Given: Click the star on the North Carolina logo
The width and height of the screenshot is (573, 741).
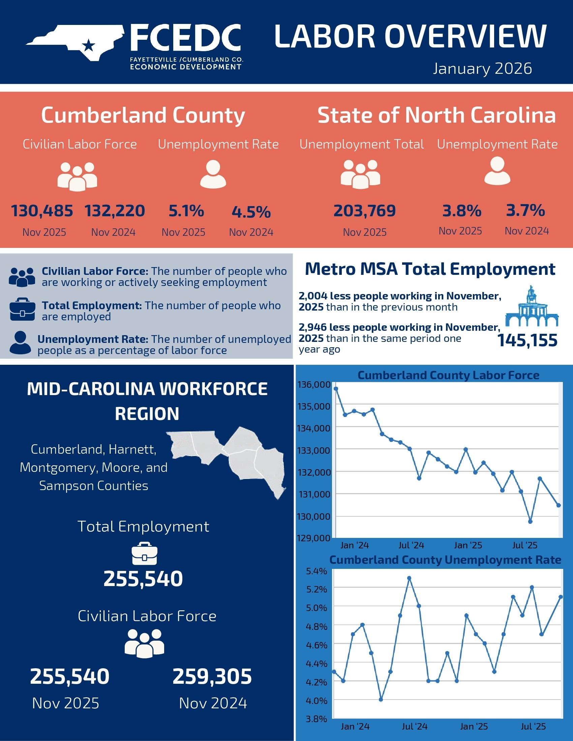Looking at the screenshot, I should click(89, 45).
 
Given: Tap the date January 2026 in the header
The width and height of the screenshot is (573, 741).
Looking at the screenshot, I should click(482, 68).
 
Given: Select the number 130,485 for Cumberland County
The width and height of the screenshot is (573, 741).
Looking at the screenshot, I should click(42, 211).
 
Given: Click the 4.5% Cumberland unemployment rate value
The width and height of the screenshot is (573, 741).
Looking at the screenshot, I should click(251, 212).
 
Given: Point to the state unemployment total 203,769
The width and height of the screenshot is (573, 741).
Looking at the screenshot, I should click(365, 211).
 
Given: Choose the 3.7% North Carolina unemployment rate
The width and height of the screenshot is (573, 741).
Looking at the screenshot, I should click(525, 211).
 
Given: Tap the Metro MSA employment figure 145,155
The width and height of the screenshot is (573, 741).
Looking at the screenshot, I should click(527, 340).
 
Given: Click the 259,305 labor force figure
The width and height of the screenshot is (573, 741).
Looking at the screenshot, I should click(212, 676).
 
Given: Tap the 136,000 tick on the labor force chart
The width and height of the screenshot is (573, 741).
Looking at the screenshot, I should click(314, 384).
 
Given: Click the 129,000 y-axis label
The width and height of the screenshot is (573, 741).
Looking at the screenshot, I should click(314, 538).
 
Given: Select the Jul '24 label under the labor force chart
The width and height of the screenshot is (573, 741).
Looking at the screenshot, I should click(411, 545).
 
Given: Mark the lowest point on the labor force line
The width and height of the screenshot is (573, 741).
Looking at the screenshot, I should click(530, 521).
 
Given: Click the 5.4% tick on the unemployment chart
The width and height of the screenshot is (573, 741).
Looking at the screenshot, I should click(316, 571).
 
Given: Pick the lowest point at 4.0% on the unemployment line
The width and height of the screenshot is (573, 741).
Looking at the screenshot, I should click(381, 700).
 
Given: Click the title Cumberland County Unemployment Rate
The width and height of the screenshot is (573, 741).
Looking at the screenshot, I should click(445, 560).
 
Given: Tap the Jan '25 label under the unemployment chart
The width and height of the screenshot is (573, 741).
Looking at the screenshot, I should click(474, 726).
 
